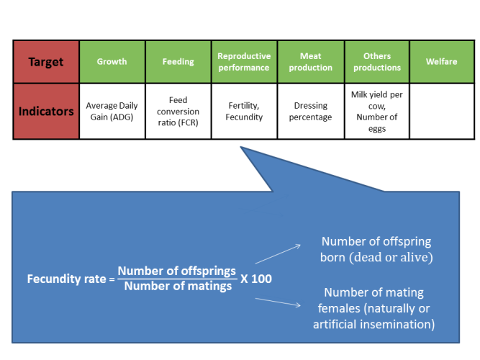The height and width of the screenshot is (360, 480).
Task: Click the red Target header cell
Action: click(x=46, y=62)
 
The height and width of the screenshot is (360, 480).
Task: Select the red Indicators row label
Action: click(x=46, y=111)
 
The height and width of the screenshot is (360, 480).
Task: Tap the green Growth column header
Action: click(x=112, y=62)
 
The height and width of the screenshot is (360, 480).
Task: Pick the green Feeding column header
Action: click(x=178, y=62)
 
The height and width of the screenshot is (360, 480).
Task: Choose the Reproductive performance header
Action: click(x=244, y=62)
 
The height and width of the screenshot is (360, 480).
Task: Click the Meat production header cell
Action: click(x=311, y=62)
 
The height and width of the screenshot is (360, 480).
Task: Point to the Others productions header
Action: click(x=377, y=62)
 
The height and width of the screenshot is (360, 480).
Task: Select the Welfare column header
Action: click(x=442, y=62)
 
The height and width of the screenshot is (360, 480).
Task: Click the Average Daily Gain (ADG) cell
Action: click(x=112, y=111)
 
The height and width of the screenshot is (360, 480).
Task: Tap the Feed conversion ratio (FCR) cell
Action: click(x=178, y=111)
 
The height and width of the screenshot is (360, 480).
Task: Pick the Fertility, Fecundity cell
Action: click(x=244, y=111)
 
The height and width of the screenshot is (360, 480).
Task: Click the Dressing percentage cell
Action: click(x=311, y=111)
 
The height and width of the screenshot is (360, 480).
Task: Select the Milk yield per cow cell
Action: click(x=377, y=111)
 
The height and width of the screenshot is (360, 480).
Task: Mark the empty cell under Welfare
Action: click(x=442, y=111)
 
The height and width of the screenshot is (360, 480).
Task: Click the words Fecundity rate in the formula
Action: click(x=66, y=279)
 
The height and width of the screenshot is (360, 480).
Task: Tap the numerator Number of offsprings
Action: click(x=177, y=271)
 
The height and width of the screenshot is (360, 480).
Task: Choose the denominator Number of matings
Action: click(x=178, y=286)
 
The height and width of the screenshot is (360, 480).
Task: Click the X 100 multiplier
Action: click(x=256, y=279)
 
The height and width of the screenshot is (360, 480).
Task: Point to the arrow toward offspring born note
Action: click(x=278, y=254)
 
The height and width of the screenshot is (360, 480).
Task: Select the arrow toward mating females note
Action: click(x=278, y=302)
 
